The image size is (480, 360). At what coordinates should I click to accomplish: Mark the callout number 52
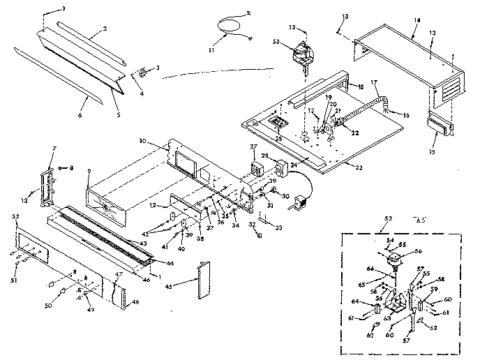(x=15, y=217)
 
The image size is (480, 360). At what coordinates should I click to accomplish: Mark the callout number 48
(x=135, y=301)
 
